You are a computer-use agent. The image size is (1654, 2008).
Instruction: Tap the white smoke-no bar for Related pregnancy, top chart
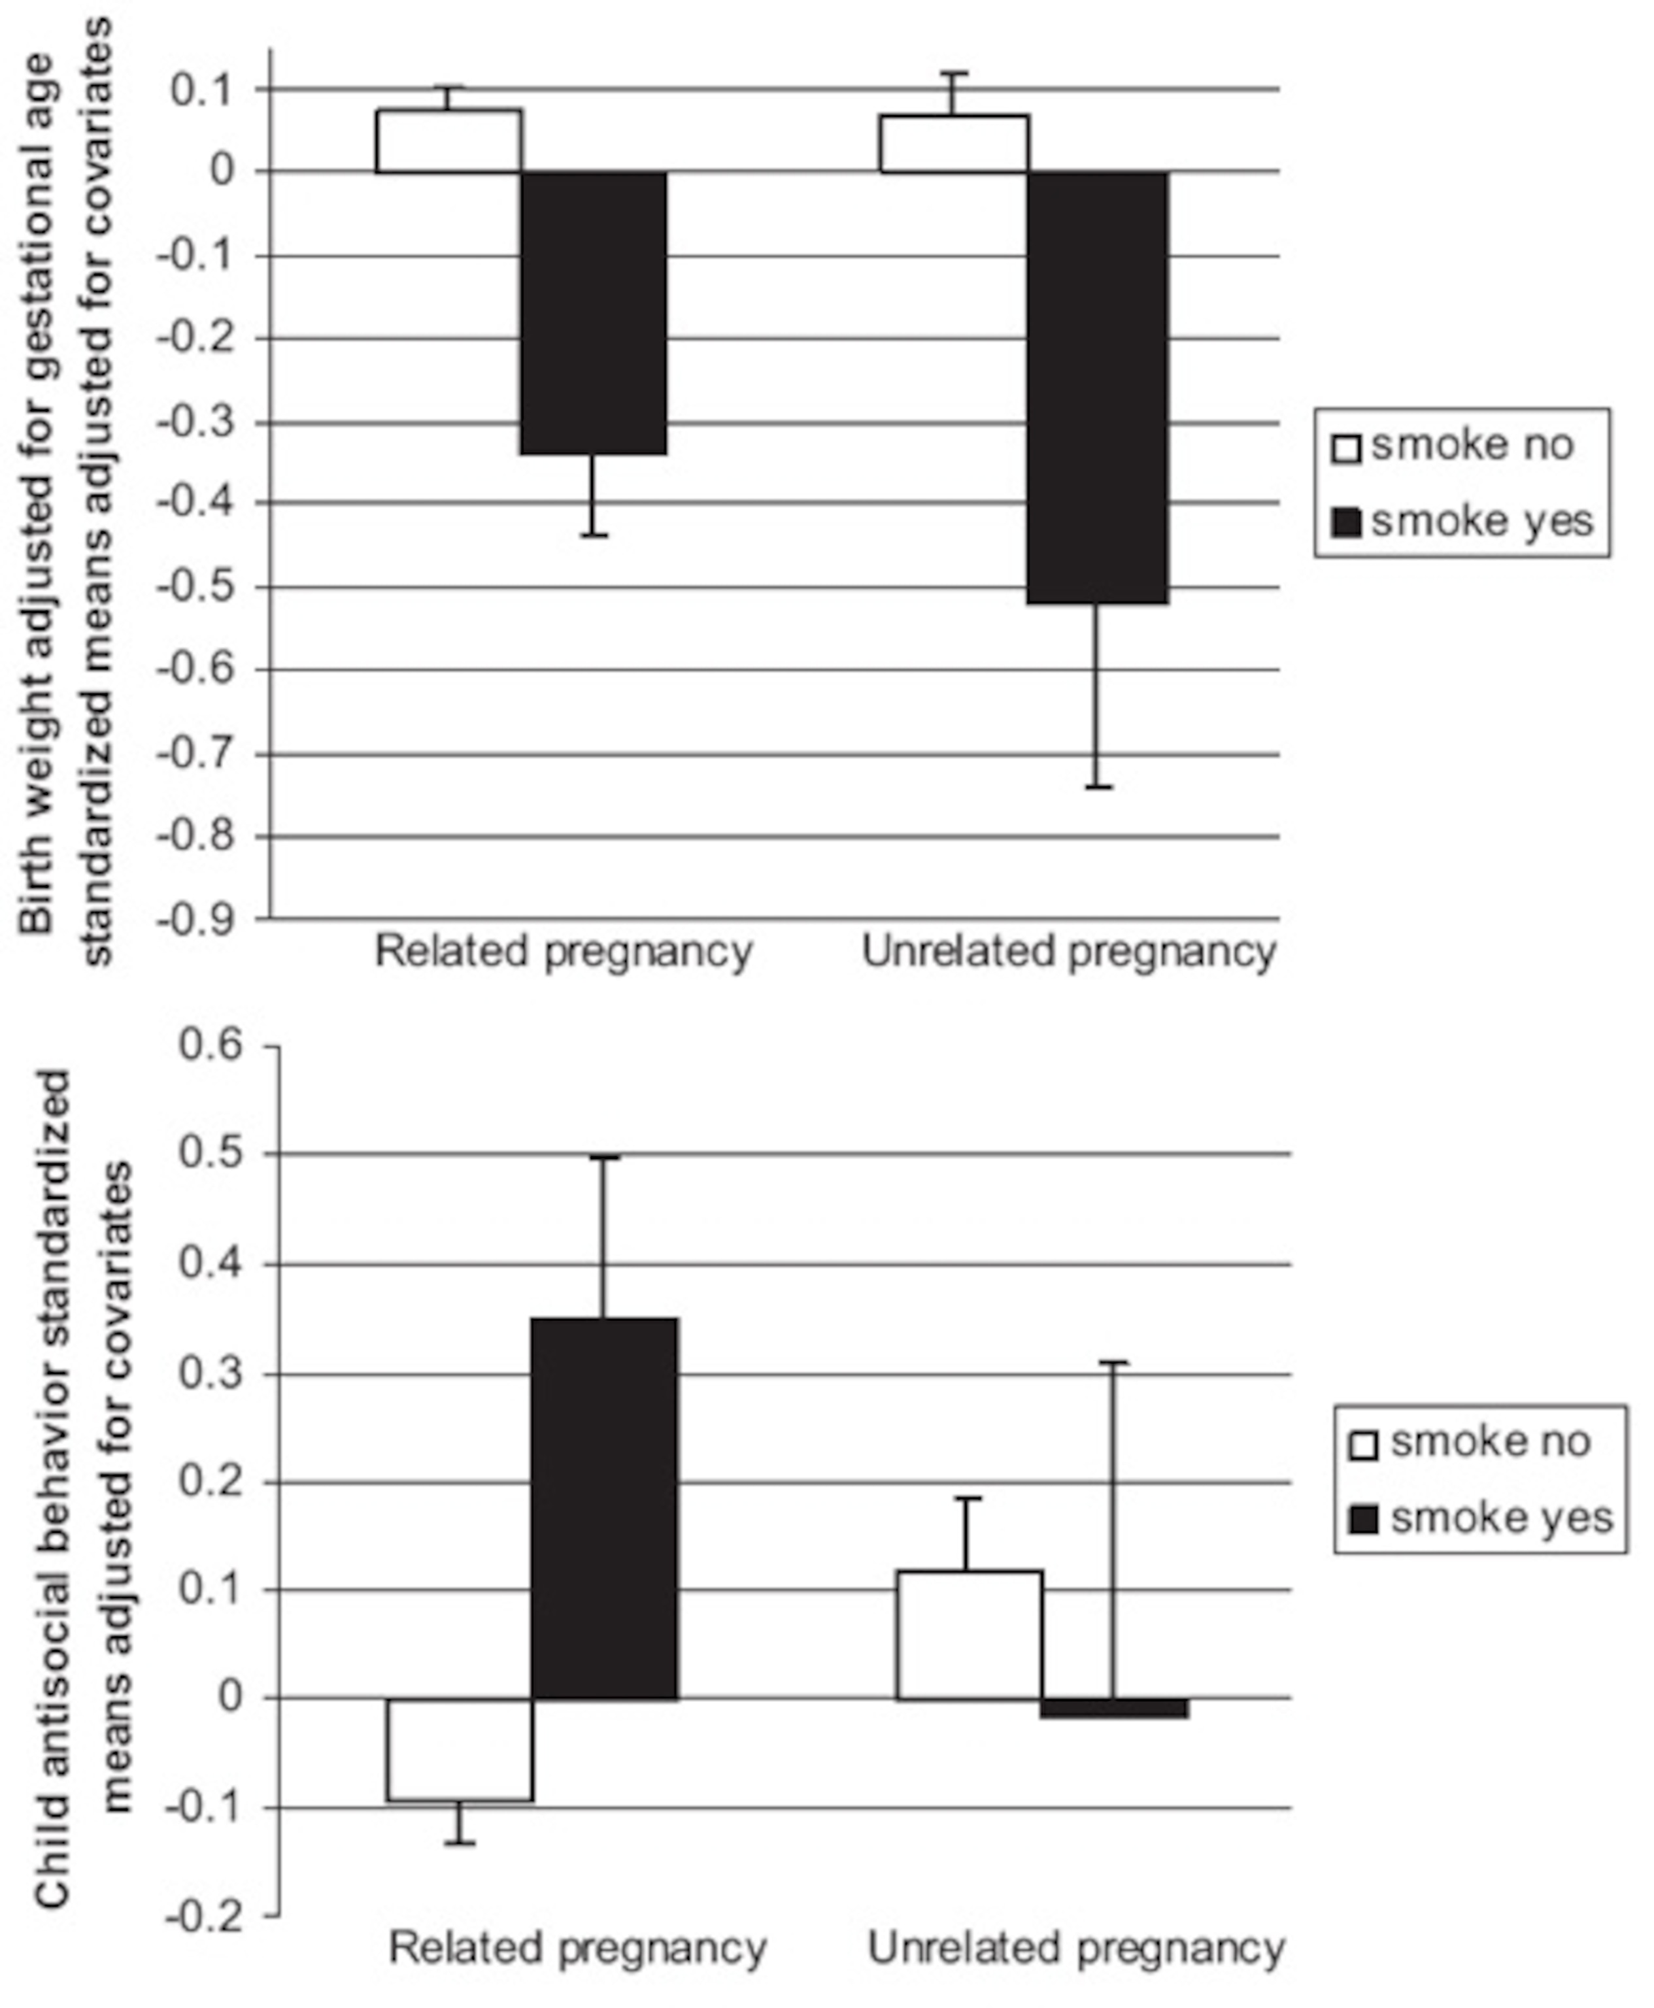point(448,141)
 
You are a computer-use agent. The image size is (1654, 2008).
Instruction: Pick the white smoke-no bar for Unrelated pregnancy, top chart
point(954,144)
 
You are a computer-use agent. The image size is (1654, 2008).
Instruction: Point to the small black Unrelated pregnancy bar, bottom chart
point(1114,1708)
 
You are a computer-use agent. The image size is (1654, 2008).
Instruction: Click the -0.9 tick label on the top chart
point(197,920)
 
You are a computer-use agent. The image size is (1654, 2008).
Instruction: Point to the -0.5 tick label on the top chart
point(197,587)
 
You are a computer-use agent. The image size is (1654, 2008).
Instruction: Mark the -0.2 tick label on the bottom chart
point(204,1916)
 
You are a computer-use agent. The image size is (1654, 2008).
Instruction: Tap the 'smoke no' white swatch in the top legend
point(1346,448)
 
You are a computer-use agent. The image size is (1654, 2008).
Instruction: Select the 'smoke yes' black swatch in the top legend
point(1346,523)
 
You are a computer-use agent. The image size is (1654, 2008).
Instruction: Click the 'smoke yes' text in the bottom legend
point(1502,1517)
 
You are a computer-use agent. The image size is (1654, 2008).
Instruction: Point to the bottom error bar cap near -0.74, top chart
point(1098,788)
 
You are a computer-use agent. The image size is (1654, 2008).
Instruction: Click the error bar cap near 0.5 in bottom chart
point(604,1158)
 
